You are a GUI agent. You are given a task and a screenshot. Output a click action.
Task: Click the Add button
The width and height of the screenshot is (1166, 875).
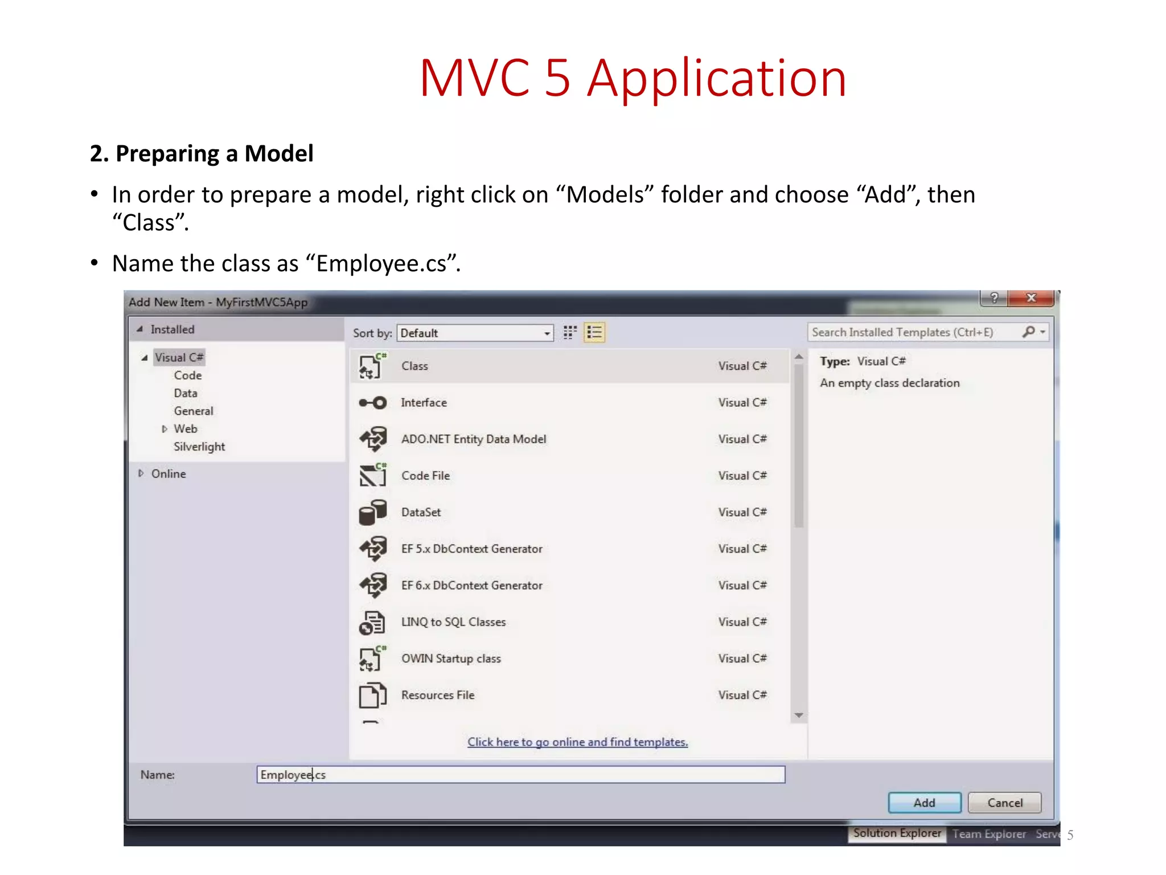tap(924, 803)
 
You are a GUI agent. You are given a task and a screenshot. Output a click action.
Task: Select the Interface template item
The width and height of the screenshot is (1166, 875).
tap(424, 403)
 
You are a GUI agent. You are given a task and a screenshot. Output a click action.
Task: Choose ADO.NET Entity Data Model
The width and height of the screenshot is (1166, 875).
tap(473, 439)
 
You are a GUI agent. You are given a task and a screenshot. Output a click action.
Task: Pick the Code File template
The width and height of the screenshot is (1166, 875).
tap(425, 476)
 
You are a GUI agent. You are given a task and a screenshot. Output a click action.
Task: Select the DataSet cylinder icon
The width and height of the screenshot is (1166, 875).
tap(372, 512)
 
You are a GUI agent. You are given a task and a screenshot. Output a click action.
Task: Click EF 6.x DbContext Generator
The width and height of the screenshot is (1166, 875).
tap(471, 586)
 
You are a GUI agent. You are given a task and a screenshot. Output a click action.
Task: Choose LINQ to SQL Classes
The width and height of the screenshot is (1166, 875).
tap(453, 622)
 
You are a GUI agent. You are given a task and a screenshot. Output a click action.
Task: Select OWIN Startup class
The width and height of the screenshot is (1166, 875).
tap(451, 659)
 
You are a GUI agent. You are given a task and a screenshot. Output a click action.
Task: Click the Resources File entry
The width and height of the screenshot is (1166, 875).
tap(437, 695)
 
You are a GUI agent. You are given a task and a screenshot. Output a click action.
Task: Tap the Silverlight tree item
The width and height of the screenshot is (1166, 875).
tap(199, 447)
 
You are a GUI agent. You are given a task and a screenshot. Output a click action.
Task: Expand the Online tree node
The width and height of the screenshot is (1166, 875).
tap(141, 473)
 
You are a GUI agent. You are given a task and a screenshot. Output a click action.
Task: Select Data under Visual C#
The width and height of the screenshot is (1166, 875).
tap(186, 393)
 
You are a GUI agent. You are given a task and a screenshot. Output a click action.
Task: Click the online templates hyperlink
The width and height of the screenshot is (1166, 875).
tap(577, 742)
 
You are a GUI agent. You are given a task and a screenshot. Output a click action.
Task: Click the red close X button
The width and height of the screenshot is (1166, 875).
tap(1030, 298)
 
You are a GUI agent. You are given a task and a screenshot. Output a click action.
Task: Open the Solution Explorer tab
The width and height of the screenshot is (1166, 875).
tap(897, 833)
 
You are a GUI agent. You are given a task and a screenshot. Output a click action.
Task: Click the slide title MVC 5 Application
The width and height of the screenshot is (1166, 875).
tap(633, 78)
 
